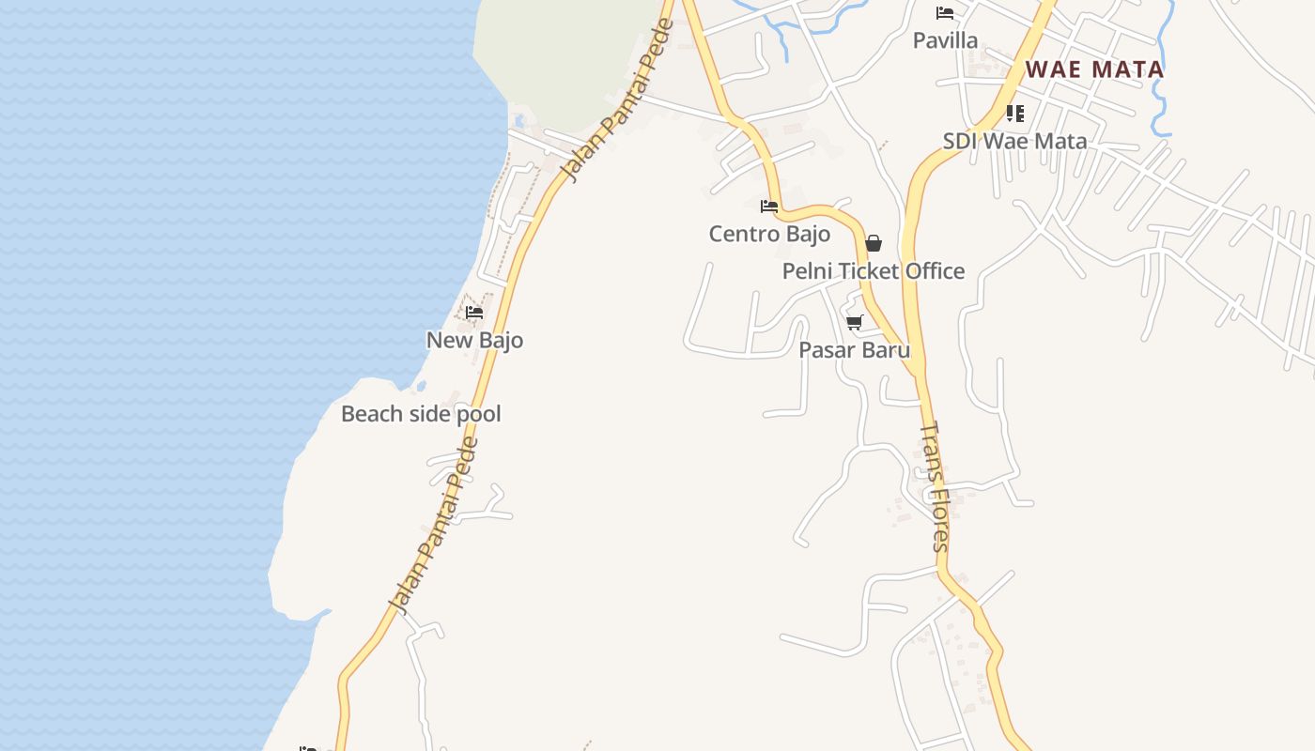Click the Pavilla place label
[x=945, y=40]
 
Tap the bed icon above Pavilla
[x=945, y=13]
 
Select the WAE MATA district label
[x=1094, y=69]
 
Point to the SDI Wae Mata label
[x=1014, y=142]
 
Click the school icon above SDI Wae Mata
[x=1014, y=114]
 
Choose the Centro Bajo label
[x=769, y=234]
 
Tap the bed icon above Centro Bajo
[x=769, y=207]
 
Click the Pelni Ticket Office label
[x=874, y=271]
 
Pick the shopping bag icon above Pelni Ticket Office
[x=874, y=244]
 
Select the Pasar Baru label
[x=854, y=350]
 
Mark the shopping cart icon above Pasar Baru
[x=854, y=323]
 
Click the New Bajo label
[x=474, y=340]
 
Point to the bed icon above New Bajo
[x=474, y=313]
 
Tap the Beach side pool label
[x=421, y=414]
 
